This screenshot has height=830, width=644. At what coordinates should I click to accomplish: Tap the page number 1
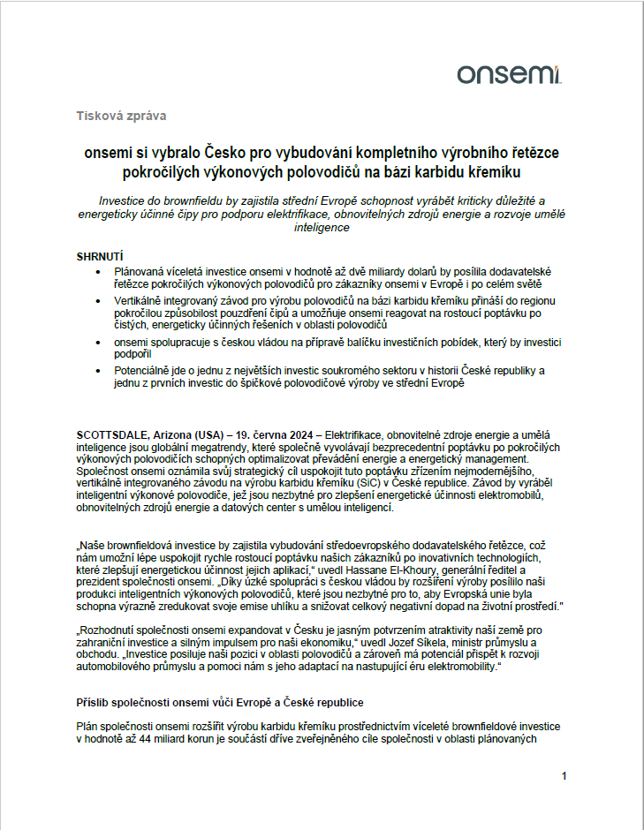(563, 775)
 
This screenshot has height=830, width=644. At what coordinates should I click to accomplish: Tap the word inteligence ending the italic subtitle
(322, 227)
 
